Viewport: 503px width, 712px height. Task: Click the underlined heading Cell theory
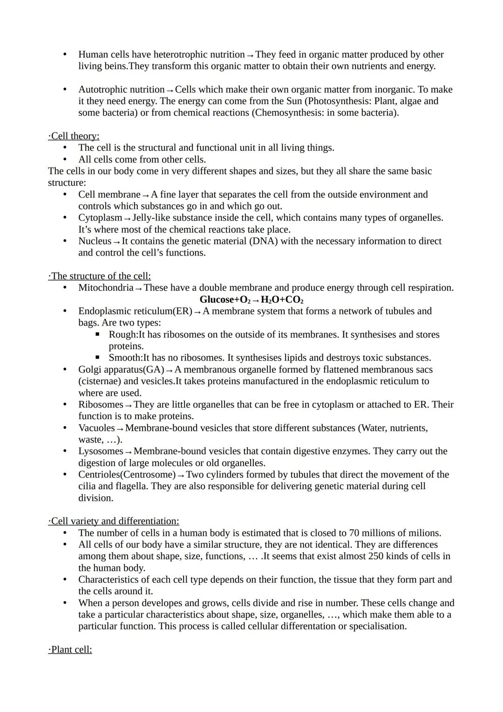tap(74, 136)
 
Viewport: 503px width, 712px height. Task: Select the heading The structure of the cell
tap(99, 276)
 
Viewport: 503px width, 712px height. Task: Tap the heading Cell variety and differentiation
tap(114, 521)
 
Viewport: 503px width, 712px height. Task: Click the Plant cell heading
tap(70, 650)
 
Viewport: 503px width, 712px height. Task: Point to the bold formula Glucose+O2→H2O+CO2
tap(251, 299)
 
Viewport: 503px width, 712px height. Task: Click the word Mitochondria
tap(106, 288)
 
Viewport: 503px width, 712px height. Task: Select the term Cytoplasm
tap(100, 218)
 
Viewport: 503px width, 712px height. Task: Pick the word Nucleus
tap(95, 241)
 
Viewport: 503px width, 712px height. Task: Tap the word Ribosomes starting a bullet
tap(101, 404)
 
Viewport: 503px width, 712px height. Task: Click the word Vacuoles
tap(96, 428)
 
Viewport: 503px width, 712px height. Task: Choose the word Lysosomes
tap(101, 451)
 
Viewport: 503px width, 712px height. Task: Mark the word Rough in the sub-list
tap(122, 335)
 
